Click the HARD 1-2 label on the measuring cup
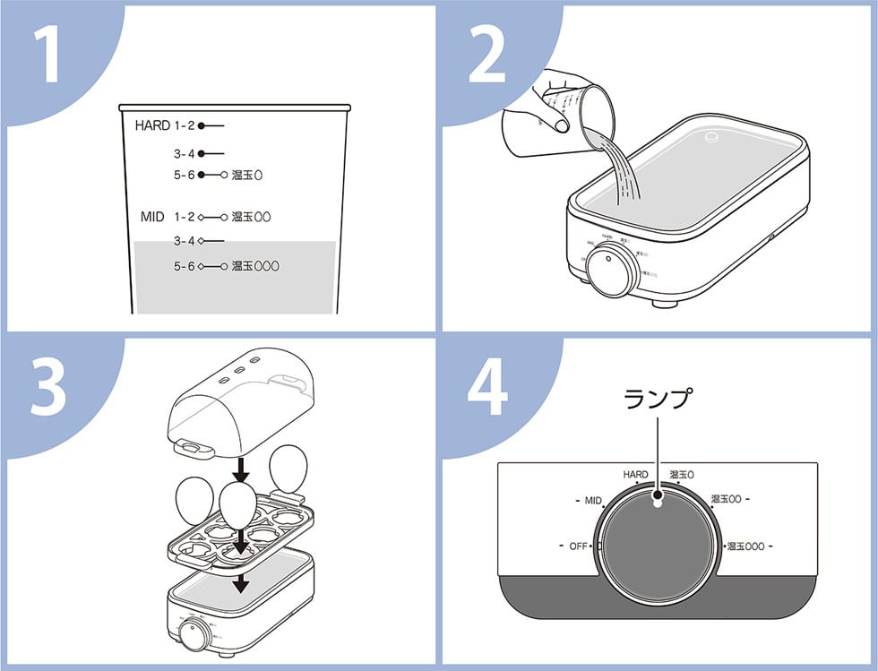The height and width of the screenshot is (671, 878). [166, 125]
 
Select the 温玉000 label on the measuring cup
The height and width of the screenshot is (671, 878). [256, 266]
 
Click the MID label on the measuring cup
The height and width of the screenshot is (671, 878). [152, 217]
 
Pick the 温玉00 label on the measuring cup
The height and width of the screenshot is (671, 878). [251, 217]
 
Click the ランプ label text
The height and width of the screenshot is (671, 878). [658, 400]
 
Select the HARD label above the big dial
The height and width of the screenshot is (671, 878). [635, 474]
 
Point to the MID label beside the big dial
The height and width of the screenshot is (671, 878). [592, 501]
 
